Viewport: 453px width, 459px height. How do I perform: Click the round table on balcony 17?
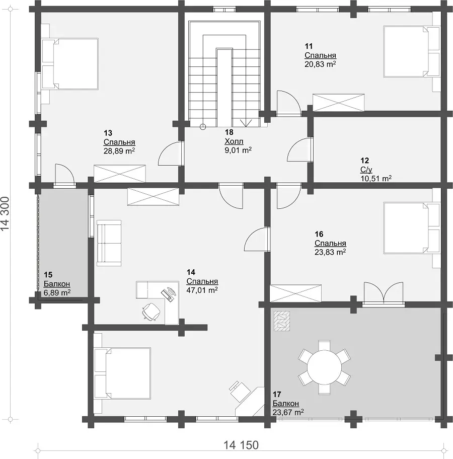pos(324,367)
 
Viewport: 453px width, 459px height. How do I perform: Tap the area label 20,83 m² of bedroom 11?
pos(320,64)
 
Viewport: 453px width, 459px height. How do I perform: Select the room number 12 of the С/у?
pos(365,161)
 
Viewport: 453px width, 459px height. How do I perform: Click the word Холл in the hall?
pos(234,141)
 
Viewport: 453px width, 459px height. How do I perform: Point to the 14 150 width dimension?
pos(241,445)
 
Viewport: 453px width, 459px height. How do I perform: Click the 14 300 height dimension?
pos(5,213)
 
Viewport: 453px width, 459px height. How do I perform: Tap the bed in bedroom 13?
pos(70,64)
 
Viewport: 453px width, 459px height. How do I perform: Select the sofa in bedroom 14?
pos(109,243)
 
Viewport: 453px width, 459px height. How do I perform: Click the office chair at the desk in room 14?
pos(151,313)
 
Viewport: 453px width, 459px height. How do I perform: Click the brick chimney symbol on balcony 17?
pos(282,321)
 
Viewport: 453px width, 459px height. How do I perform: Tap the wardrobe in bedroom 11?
pos(339,103)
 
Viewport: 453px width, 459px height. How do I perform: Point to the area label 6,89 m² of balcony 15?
pos(57,292)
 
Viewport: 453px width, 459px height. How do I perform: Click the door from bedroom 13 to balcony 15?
pos(65,175)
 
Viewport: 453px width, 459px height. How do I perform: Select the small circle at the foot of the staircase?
pos(203,127)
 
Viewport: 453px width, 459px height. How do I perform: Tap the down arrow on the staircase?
pos(246,123)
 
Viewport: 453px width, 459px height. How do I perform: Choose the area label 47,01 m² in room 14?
pos(202,290)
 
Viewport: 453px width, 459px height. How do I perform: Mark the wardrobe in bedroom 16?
pos(295,293)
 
